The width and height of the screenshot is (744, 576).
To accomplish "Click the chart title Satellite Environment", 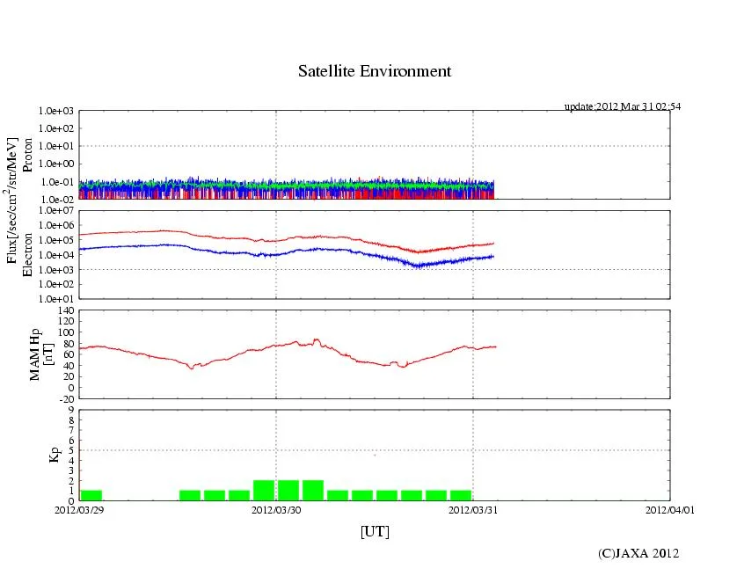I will (x=375, y=71).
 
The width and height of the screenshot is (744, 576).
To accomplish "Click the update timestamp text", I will (x=622, y=106).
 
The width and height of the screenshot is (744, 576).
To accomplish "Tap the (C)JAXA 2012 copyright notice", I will (x=638, y=553).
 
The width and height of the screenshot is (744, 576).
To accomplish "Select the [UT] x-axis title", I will (x=375, y=531).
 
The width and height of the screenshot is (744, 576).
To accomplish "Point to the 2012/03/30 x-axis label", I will (x=276, y=509).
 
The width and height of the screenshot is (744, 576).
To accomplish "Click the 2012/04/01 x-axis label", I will (x=670, y=509).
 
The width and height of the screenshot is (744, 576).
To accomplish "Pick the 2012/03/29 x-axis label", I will (x=79, y=509).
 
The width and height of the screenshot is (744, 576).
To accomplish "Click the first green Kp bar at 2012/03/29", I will (x=91, y=495).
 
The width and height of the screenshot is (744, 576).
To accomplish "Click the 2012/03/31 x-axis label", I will (x=473, y=509).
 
